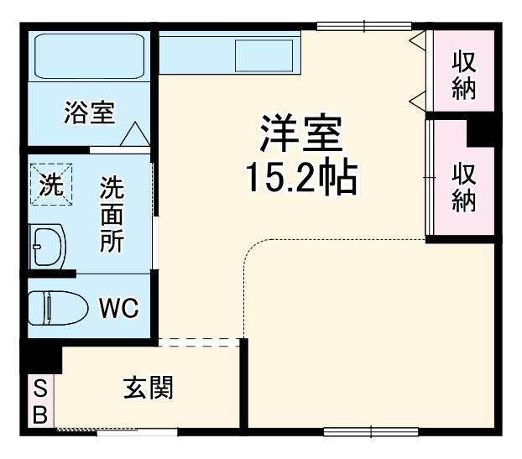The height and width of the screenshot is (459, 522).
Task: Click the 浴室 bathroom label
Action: (x=88, y=112)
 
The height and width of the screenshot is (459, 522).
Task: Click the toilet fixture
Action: (x=56, y=307)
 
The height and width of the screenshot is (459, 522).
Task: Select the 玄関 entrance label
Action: (x=149, y=388)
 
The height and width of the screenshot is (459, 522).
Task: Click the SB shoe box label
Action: (x=39, y=401)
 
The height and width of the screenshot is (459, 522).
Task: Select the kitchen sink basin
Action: (x=263, y=55)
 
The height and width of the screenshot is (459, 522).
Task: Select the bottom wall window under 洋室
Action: (x=370, y=432)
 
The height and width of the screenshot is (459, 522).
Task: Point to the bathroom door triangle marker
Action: (x=133, y=134)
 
